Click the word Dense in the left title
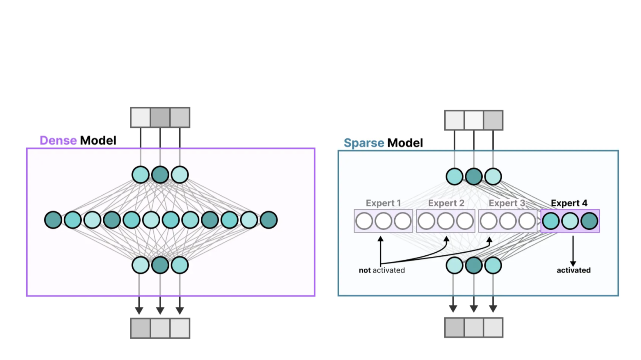click(58, 140)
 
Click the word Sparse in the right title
click(364, 143)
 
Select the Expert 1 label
click(383, 203)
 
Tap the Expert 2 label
click(446, 203)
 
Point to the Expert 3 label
click(507, 203)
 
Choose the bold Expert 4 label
click(569, 203)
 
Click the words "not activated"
click(382, 270)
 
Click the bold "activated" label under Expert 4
click(574, 270)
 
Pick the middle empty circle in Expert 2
click(446, 221)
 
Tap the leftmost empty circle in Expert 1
click(364, 221)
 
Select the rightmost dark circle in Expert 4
click(589, 221)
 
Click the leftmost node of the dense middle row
click(53, 220)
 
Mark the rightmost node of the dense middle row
click(269, 220)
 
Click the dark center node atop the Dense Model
click(160, 175)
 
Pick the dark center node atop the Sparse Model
click(474, 176)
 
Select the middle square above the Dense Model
click(160, 117)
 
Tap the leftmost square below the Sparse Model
click(455, 327)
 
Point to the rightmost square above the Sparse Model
click(493, 120)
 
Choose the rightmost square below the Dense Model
click(180, 328)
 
